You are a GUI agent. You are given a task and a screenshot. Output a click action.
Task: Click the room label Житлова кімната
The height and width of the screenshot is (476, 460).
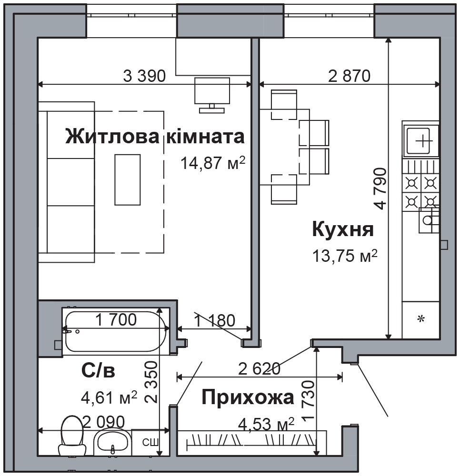[155, 137]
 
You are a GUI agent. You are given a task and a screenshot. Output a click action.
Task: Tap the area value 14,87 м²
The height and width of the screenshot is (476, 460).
[212, 163]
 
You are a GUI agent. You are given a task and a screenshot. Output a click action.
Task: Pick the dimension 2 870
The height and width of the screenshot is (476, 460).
[349, 76]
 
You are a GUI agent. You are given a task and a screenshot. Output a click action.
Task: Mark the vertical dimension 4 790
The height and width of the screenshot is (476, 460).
[380, 188]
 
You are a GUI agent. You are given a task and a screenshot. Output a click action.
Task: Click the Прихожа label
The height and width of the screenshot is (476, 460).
[248, 397]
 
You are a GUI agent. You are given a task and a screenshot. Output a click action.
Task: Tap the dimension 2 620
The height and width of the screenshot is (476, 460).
[259, 368]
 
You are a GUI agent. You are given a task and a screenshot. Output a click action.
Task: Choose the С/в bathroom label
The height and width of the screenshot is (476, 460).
[98, 372]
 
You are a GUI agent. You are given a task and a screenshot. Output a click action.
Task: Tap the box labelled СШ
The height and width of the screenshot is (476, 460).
[151, 442]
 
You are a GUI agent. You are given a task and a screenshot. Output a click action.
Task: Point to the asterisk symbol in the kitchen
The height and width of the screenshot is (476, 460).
[420, 319]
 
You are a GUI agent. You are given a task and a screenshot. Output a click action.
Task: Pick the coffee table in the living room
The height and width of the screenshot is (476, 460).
[128, 179]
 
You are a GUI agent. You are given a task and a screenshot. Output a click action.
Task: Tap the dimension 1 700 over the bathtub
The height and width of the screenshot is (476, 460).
[116, 319]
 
